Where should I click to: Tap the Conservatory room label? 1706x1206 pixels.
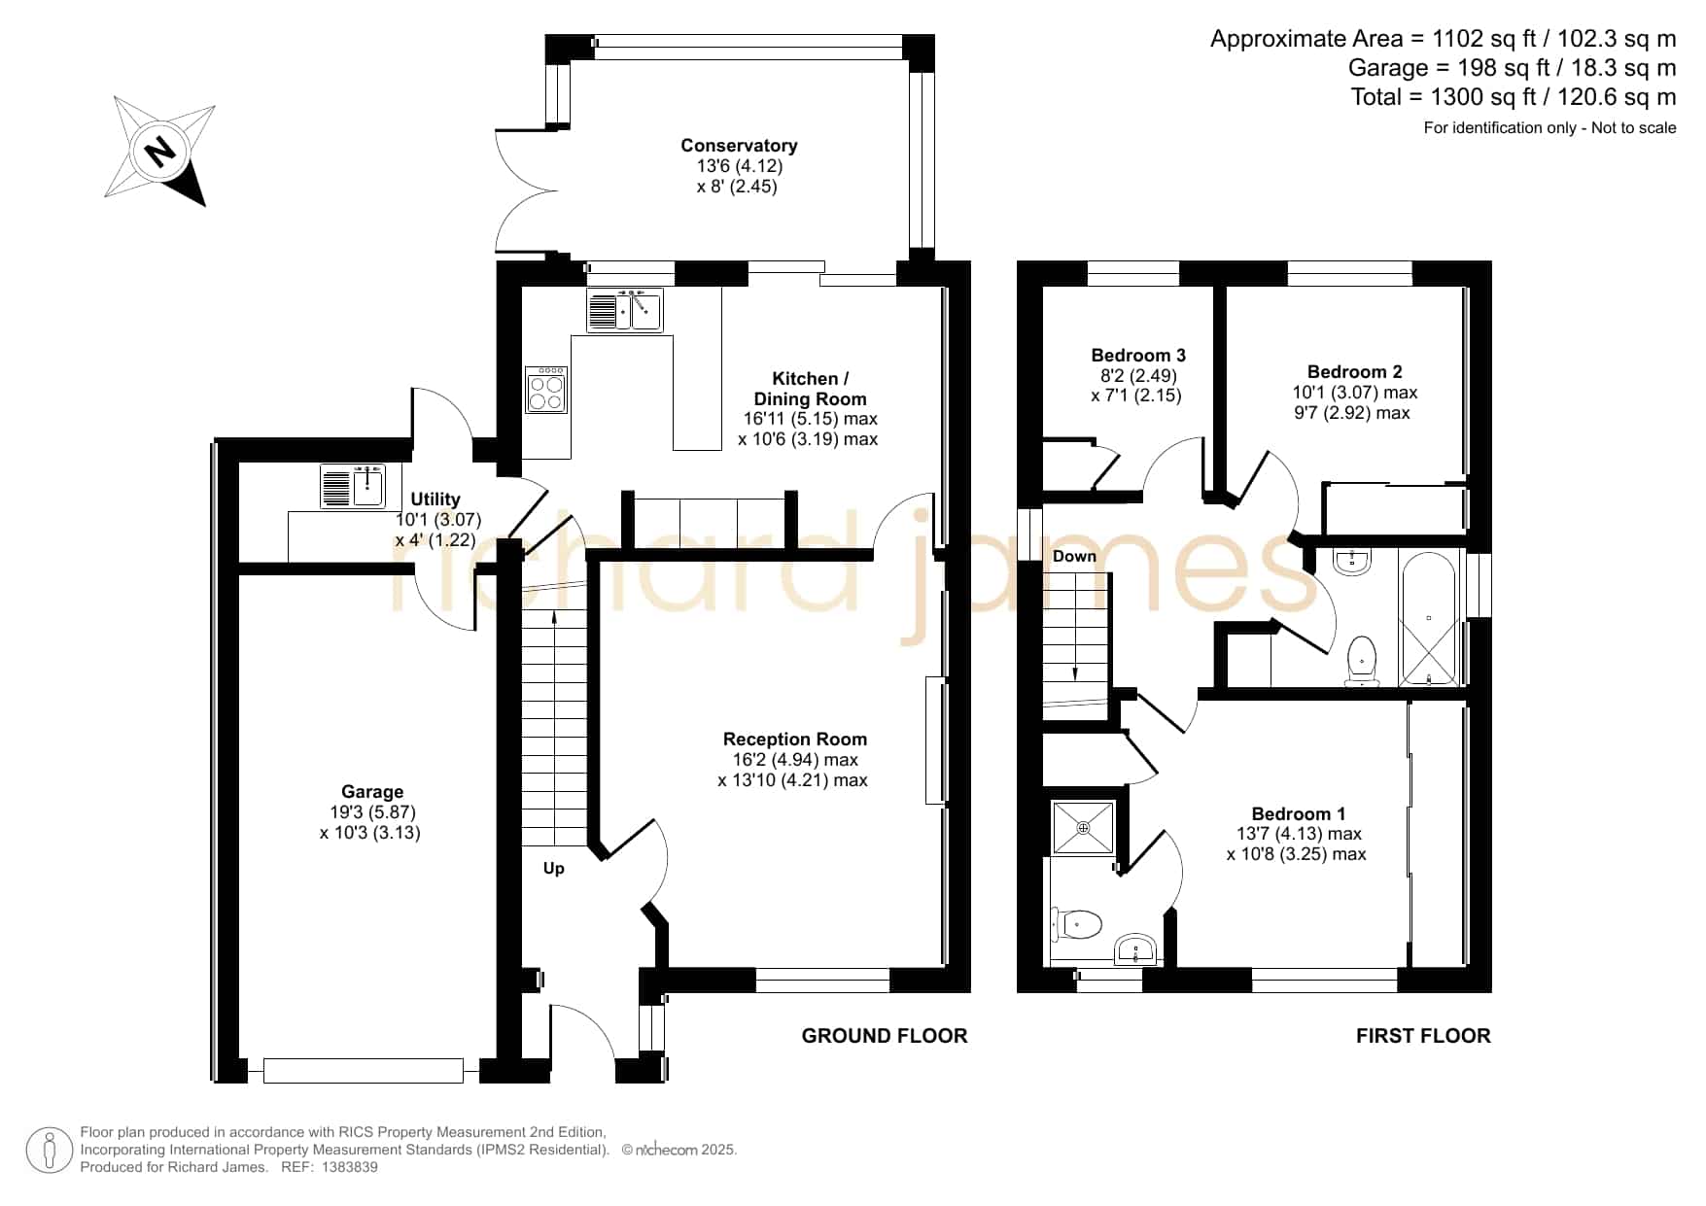pyautogui.click(x=739, y=146)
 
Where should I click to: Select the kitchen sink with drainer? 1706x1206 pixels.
pyautogui.click(x=625, y=310)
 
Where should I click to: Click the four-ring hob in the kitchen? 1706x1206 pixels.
pyautogui.click(x=546, y=389)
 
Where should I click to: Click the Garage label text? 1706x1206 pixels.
pyautogui.click(x=371, y=792)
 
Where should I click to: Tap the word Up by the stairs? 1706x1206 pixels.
pyautogui.click(x=553, y=869)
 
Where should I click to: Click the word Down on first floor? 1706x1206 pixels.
pyautogui.click(x=1074, y=556)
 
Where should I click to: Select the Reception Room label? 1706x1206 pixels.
pyautogui.click(x=794, y=740)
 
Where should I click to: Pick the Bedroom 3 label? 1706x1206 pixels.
pyautogui.click(x=1138, y=356)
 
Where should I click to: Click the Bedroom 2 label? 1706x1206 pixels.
pyautogui.click(x=1354, y=372)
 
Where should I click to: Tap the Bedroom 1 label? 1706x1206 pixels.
pyautogui.click(x=1298, y=814)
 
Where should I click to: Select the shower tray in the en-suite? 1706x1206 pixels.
pyautogui.click(x=1084, y=827)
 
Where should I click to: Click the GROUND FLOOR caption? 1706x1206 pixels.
pyautogui.click(x=885, y=1036)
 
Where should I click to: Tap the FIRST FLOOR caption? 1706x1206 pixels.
pyautogui.click(x=1423, y=1036)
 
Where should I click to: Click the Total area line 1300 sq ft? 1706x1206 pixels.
pyautogui.click(x=1514, y=97)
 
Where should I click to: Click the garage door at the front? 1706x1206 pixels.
pyautogui.click(x=364, y=1071)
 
